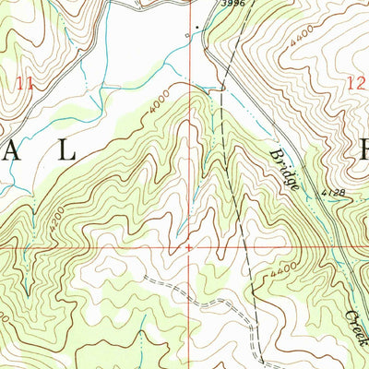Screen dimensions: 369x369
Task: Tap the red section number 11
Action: pyautogui.click(x=25, y=83)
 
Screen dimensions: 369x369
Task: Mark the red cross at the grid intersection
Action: pyautogui.click(x=189, y=247)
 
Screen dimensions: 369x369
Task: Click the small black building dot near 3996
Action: pyautogui.click(x=195, y=26)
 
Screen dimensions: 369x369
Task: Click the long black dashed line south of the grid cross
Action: pyautogui.click(x=247, y=304)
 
